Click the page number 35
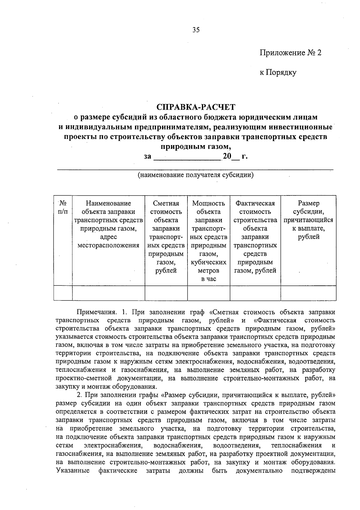[196, 30]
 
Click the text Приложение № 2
[290, 53]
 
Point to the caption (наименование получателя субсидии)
[196, 175]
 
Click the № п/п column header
[63, 207]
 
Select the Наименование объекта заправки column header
[108, 224]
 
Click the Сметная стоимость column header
[166, 237]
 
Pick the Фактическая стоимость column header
[255, 237]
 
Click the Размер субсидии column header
[308, 220]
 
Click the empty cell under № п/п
[63, 293]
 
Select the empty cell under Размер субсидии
[308, 293]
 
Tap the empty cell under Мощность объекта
[208, 293]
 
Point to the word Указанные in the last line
[73, 470]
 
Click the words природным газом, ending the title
[196, 147]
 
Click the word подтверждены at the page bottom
[313, 470]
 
